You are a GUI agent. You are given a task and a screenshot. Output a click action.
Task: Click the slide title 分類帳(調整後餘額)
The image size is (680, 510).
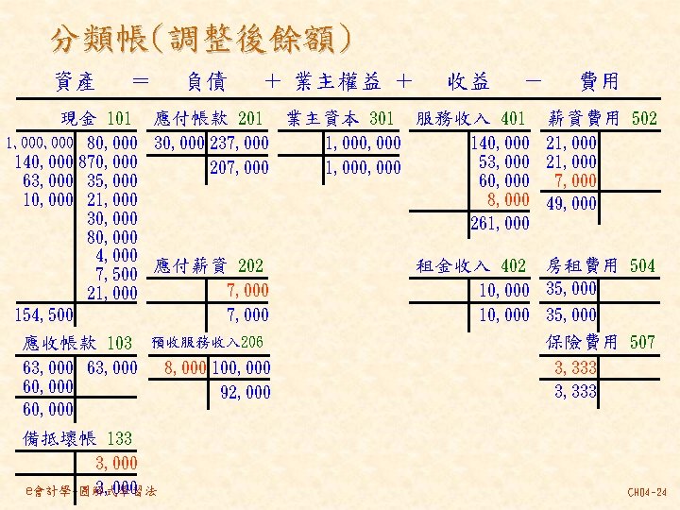click(202, 40)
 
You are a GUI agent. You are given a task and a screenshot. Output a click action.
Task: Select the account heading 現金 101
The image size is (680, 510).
click(96, 119)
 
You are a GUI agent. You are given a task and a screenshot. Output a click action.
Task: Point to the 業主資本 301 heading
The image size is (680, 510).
click(340, 119)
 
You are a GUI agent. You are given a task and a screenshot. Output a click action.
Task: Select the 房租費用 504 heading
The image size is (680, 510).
click(602, 266)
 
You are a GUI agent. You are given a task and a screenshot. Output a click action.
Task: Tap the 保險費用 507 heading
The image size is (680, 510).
click(602, 341)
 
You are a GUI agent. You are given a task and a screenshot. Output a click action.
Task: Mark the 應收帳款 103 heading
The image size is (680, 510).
click(77, 342)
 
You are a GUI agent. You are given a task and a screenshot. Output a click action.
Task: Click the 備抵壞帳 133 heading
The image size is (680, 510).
click(77, 438)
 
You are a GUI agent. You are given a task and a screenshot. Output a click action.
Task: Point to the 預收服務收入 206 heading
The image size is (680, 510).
click(208, 342)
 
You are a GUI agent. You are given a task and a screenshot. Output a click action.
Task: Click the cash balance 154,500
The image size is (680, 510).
click(44, 314)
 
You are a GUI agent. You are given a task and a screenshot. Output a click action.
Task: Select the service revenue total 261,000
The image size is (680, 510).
click(500, 224)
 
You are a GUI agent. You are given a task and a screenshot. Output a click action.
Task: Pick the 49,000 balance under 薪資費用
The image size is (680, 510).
click(571, 203)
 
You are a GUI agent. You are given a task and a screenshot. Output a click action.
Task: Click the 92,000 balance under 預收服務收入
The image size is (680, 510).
click(244, 391)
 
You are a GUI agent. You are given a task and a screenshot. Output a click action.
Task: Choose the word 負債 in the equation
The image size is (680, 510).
click(206, 83)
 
